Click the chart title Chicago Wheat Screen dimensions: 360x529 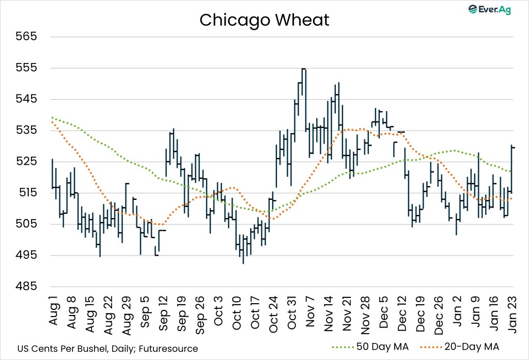(264, 20)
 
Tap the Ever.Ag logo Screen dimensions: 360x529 (489, 10)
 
